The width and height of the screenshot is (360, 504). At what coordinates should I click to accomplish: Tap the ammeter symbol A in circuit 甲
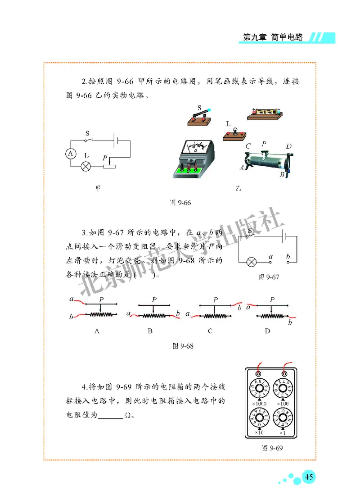(x=71, y=154)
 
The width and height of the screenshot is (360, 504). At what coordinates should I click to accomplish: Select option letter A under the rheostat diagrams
(x=97, y=331)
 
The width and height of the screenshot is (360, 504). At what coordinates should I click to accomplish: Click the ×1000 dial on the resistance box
(x=260, y=388)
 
